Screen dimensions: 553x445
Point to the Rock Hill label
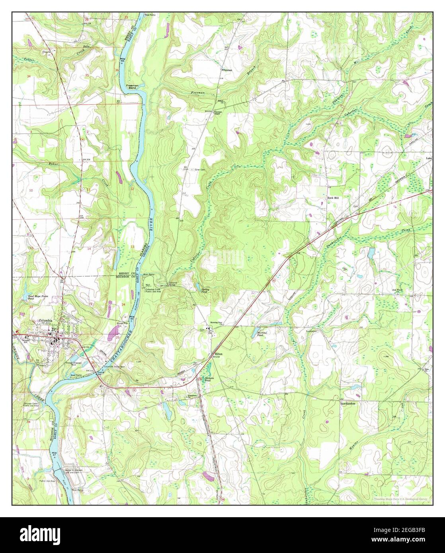coord(333,197)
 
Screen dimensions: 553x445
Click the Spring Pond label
coord(205,290)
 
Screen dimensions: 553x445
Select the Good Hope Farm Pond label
coord(36,298)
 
